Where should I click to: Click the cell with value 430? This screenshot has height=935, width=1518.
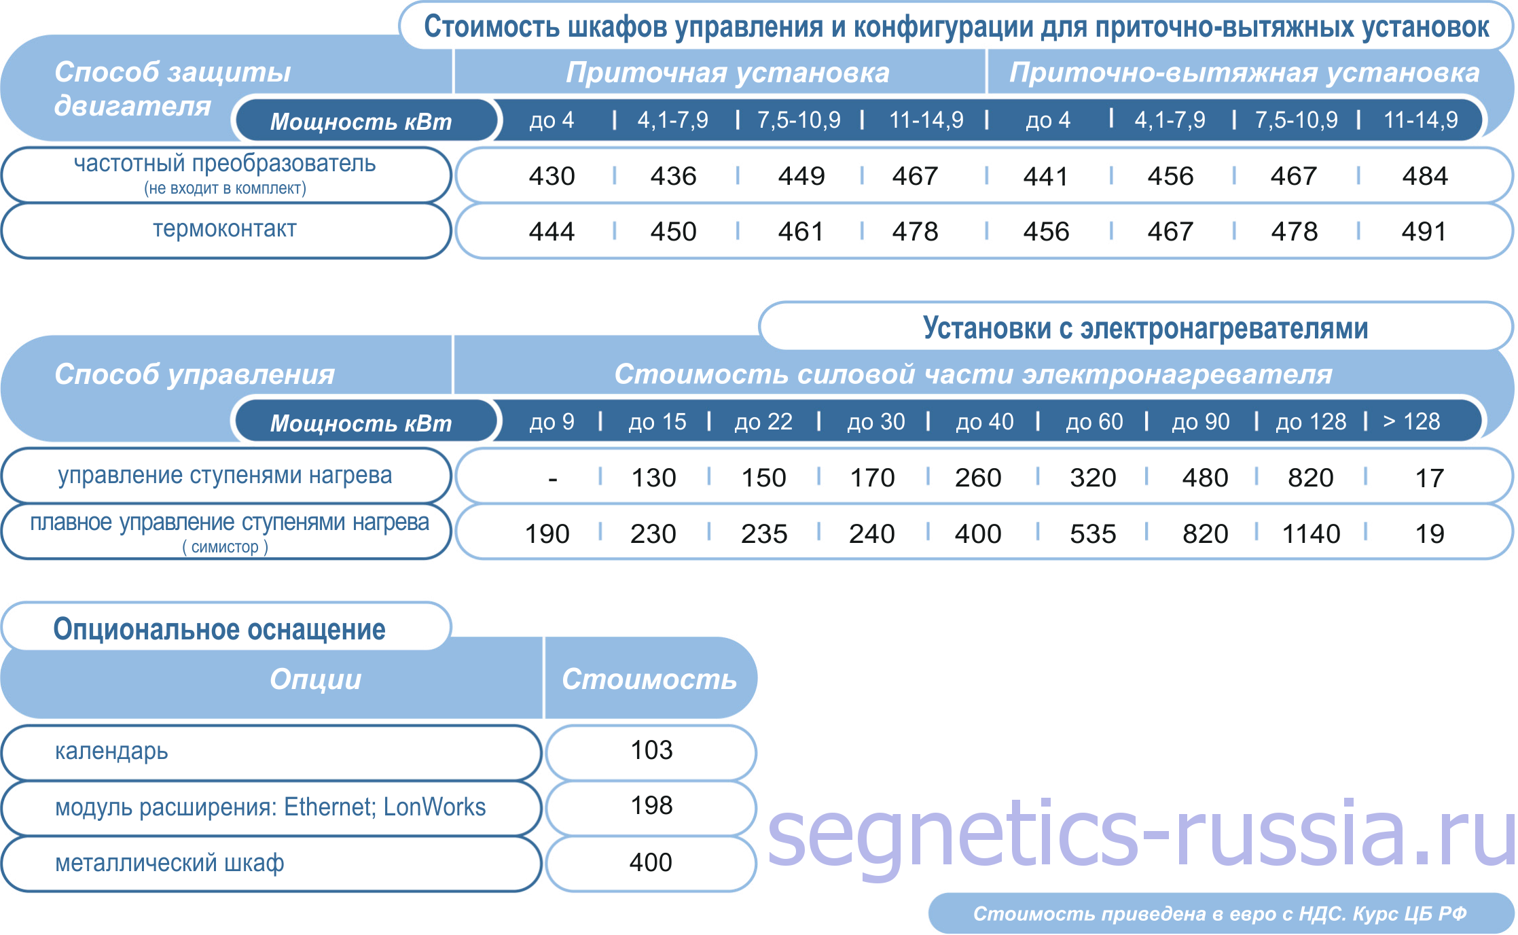click(552, 176)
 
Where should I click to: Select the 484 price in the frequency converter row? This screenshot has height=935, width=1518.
click(1425, 176)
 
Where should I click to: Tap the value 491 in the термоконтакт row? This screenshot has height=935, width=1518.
click(1424, 232)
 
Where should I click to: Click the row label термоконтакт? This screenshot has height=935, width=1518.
click(225, 229)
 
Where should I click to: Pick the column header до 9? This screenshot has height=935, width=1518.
click(552, 422)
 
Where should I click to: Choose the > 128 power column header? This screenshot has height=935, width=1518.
click(1411, 421)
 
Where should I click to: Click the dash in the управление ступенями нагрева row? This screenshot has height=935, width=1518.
click(553, 479)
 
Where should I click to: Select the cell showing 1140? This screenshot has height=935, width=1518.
click(1311, 534)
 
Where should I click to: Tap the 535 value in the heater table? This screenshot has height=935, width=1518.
click(1093, 534)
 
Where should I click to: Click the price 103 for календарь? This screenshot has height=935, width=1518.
click(651, 750)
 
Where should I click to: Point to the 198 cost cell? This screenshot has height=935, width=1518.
click(651, 806)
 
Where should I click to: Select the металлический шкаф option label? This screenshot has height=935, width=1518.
click(169, 863)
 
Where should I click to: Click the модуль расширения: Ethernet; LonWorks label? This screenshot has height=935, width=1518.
click(270, 807)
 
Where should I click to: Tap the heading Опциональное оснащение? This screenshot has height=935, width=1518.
click(219, 629)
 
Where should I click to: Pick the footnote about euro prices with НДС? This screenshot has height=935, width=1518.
click(1220, 914)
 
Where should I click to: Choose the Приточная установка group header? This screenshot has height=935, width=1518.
click(727, 73)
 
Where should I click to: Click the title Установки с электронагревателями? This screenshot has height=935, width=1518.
click(1145, 328)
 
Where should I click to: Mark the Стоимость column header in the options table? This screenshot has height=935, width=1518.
click(649, 680)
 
